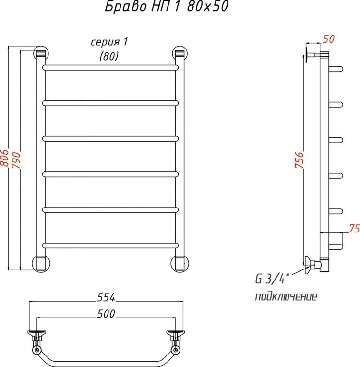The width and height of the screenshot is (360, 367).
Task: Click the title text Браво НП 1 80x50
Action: pos(166,7)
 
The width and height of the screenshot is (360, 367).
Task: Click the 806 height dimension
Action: pos(5,158)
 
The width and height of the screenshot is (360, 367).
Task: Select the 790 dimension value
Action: pos(17,160)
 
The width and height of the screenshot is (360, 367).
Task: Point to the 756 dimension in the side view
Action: pos(299,160)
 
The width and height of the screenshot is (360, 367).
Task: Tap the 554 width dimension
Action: pos(106,297)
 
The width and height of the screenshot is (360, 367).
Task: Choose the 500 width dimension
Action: pos(106,314)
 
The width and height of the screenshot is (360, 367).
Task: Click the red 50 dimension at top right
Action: pos(329,39)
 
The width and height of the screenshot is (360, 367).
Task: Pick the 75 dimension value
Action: pos(354,229)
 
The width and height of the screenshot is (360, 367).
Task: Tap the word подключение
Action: pos(286,296)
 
